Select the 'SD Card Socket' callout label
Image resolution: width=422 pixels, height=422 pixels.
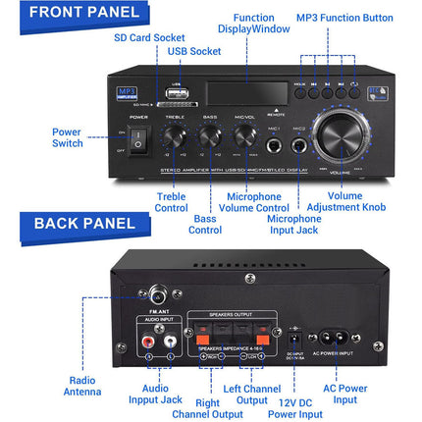(149, 37)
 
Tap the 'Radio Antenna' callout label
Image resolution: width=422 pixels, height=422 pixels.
(84, 386)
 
